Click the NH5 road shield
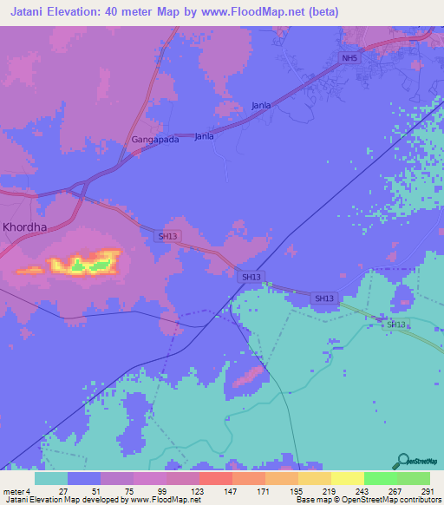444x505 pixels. pyautogui.click(x=349, y=58)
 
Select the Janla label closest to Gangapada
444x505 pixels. pyautogui.click(x=204, y=136)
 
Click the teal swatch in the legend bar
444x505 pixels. pyautogui.click(x=51, y=478)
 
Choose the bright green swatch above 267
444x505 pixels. pyautogui.click(x=380, y=478)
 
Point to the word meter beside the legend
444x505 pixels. pyautogui.click(x=13, y=491)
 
